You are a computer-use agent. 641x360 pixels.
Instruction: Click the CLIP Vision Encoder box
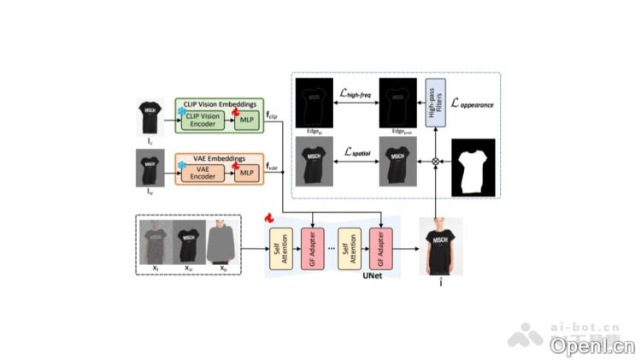click(x=205, y=121)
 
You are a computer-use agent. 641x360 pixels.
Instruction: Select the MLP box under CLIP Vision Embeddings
click(x=246, y=121)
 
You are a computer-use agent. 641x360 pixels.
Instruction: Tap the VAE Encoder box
click(x=204, y=173)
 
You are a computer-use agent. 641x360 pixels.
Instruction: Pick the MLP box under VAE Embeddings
click(x=246, y=173)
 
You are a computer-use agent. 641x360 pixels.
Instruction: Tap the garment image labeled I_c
click(x=150, y=117)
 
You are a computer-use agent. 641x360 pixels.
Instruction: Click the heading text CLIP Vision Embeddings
click(x=215, y=103)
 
